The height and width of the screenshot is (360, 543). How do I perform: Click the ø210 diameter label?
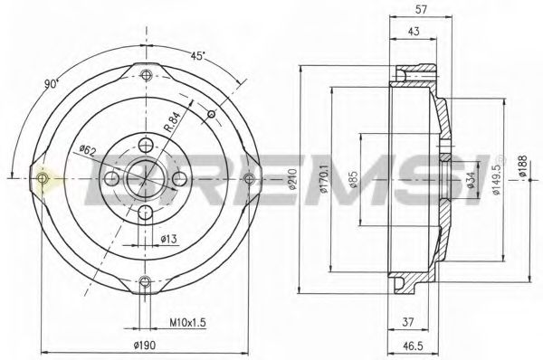click(291, 181)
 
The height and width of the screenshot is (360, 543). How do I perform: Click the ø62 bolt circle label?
click(88, 149)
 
